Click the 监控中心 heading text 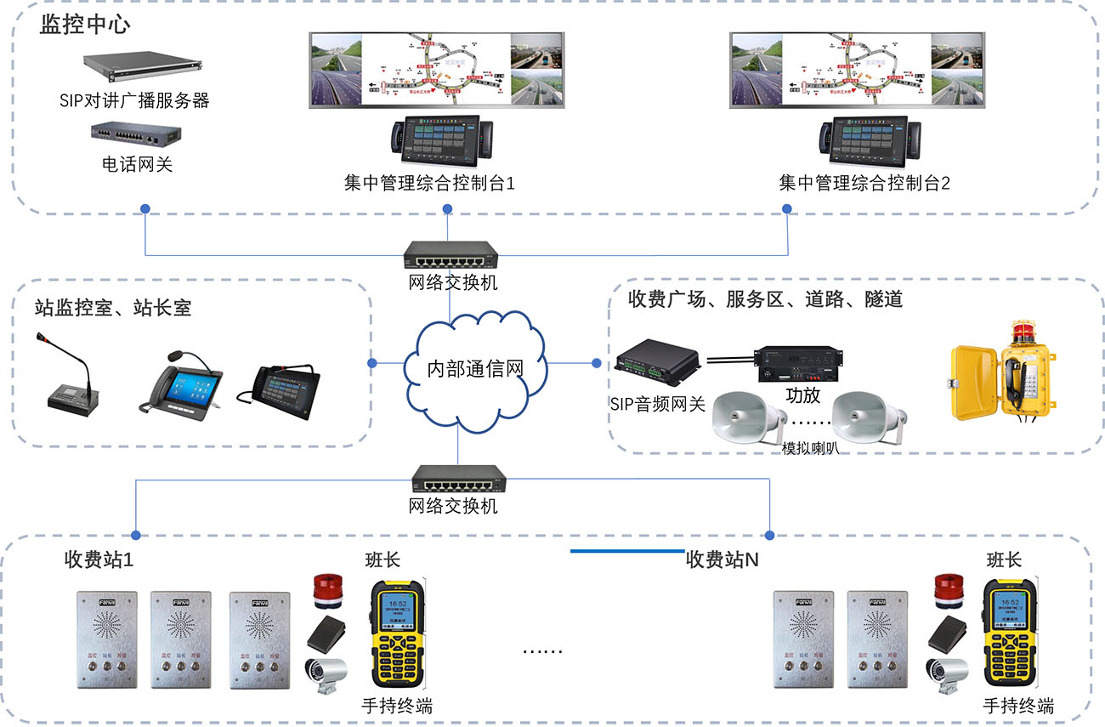(x=85, y=24)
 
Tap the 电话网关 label (x=137, y=164)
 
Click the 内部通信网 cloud (x=474, y=367)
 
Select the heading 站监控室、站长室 (x=113, y=307)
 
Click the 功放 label (x=802, y=396)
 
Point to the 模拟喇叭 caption (x=811, y=448)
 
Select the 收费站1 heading (x=99, y=559)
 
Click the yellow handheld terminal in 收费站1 (x=397, y=635)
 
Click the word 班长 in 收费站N (x=1003, y=559)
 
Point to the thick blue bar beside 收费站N (x=626, y=551)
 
